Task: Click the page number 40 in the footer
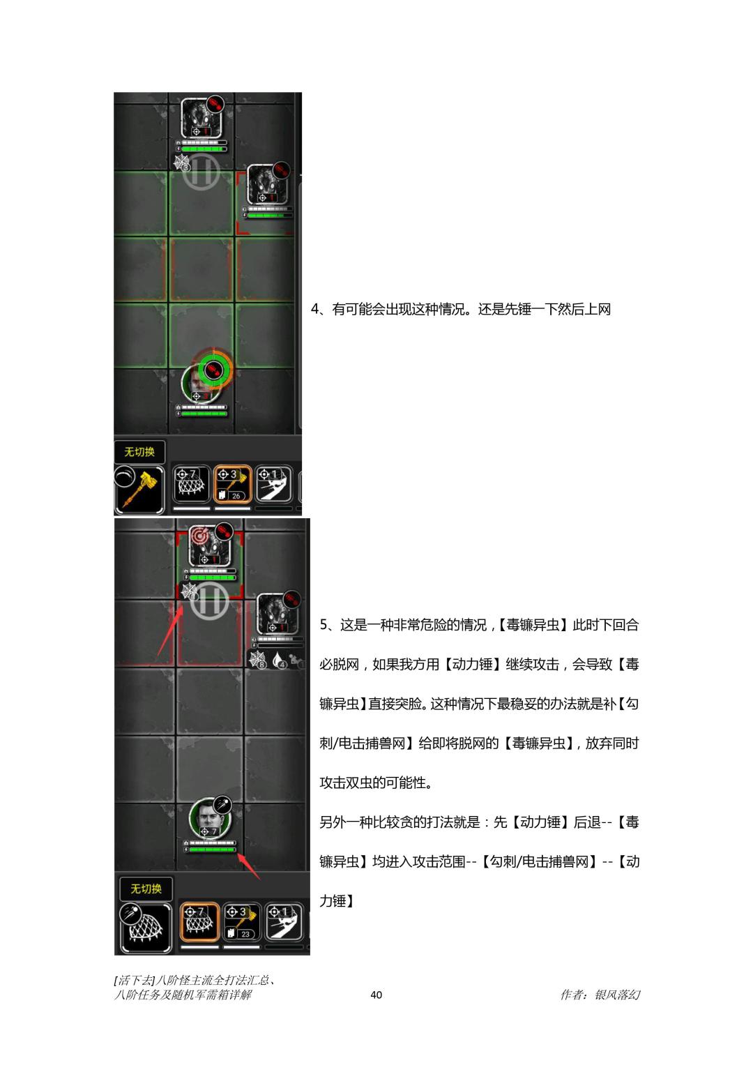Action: pyautogui.click(x=376, y=995)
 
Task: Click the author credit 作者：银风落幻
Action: pyautogui.click(x=600, y=994)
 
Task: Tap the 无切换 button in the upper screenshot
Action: pyautogui.click(x=139, y=452)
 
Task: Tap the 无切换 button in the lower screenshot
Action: pyautogui.click(x=146, y=889)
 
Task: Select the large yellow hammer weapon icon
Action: pyautogui.click(x=139, y=490)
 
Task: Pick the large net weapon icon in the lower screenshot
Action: pyautogui.click(x=146, y=928)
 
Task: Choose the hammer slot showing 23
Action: pyautogui.click(x=242, y=922)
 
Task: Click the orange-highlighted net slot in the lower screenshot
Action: pyautogui.click(x=199, y=922)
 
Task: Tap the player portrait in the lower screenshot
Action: pyautogui.click(x=209, y=819)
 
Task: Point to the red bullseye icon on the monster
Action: pyautogui.click(x=199, y=536)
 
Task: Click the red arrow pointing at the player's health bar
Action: pyautogui.click(x=248, y=866)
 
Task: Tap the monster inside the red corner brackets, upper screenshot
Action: pyautogui.click(x=266, y=186)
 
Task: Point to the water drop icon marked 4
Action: pyautogui.click(x=279, y=660)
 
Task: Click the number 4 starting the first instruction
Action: pyautogui.click(x=314, y=309)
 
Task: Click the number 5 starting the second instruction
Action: pyautogui.click(x=324, y=624)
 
